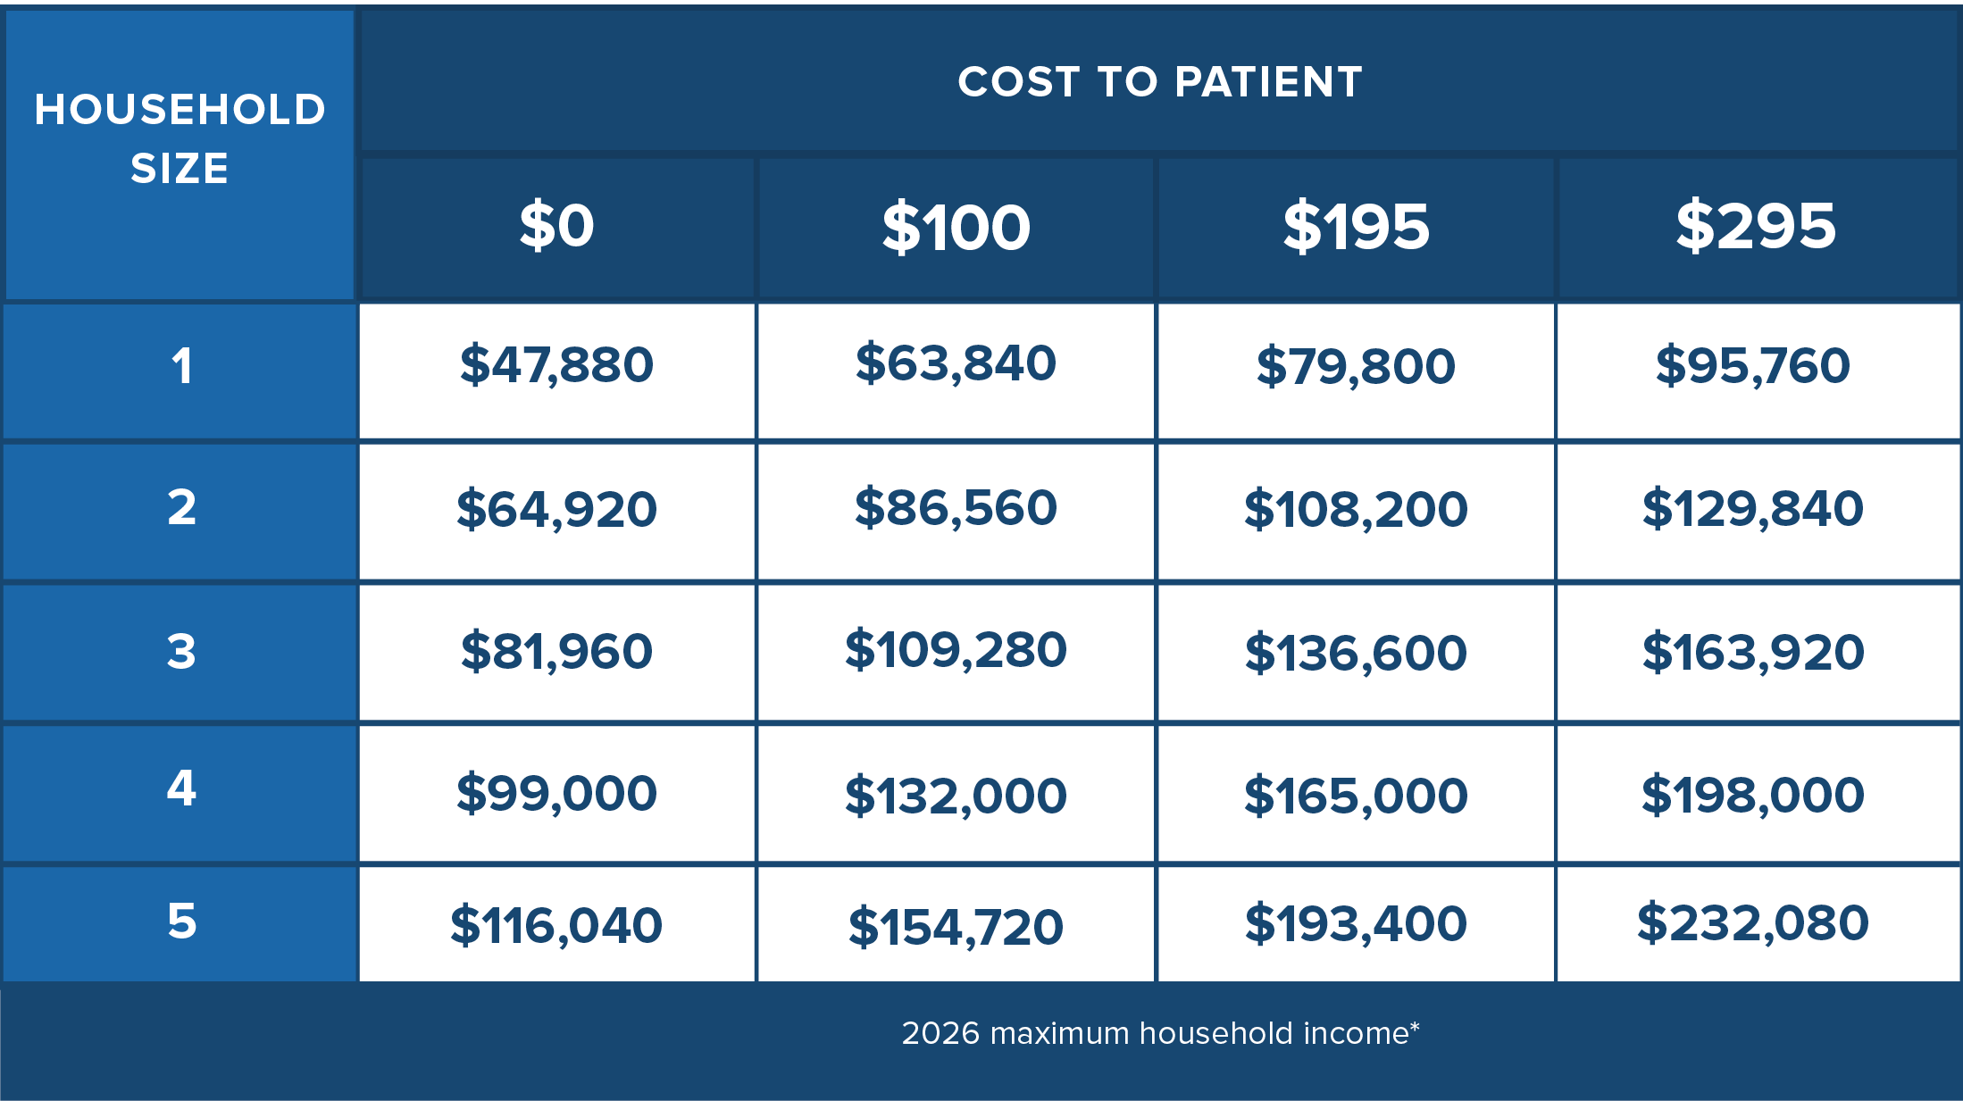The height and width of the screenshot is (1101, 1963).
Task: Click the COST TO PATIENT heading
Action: tap(1159, 82)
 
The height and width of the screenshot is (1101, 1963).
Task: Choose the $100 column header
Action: tap(956, 227)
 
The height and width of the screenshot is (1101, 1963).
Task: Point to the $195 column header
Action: tap(1356, 226)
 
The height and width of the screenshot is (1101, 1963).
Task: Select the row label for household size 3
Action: tap(181, 651)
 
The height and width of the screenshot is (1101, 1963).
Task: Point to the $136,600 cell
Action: tap(1356, 652)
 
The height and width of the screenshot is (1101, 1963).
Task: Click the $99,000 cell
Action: tap(556, 793)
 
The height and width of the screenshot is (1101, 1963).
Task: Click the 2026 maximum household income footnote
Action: tap(1160, 1033)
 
